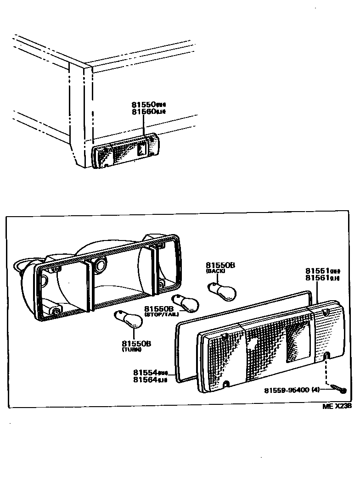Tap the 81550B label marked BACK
pyautogui.click(x=220, y=265)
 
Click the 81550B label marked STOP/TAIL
pyautogui.click(x=159, y=309)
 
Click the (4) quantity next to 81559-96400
pyautogui.click(x=315, y=391)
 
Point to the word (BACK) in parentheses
pyautogui.click(x=214, y=272)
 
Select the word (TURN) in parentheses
pyautogui.click(x=132, y=349)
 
